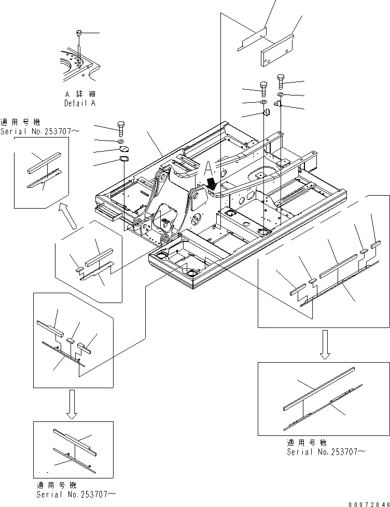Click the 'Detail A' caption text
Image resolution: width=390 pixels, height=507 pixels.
pos(80,103)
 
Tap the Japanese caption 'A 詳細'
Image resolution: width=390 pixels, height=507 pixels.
pos(80,94)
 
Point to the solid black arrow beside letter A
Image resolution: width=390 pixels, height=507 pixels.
pos(212,182)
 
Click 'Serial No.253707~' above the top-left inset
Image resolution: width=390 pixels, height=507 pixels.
pos(40,131)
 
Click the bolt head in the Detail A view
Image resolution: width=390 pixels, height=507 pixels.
pos(79,33)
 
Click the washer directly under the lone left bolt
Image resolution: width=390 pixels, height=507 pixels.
pos(121,141)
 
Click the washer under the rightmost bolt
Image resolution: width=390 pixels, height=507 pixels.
pos(281,95)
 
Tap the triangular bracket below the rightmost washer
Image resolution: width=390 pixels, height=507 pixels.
pos(278,105)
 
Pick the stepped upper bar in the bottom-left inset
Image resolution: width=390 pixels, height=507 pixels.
pos(73,439)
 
